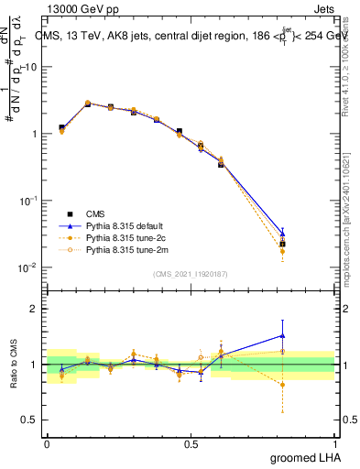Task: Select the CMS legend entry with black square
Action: coord(100,213)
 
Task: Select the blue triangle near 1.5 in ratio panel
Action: coord(282,334)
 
